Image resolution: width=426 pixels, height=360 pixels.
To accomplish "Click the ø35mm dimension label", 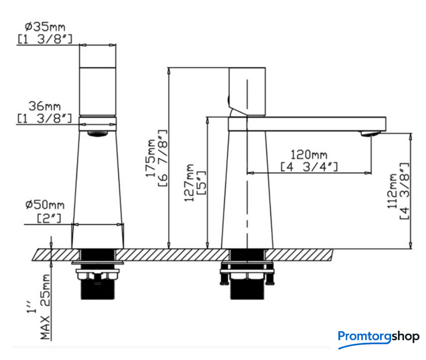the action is pyautogui.click(x=45, y=27).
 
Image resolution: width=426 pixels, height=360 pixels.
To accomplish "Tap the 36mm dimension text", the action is pyautogui.click(x=44, y=106).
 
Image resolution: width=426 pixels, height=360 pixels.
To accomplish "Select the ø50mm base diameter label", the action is pyautogui.click(x=45, y=205).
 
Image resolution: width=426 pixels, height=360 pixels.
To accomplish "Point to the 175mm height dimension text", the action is pyautogui.click(x=150, y=158).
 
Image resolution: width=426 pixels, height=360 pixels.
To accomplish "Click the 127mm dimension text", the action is pyautogui.click(x=189, y=182).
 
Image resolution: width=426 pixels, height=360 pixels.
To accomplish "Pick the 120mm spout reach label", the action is pyautogui.click(x=309, y=155).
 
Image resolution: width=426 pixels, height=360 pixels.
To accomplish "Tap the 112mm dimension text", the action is pyautogui.click(x=392, y=191).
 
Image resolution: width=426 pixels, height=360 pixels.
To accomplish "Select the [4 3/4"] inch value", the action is pyautogui.click(x=309, y=166).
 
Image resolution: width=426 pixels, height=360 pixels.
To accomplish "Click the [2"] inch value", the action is pyautogui.click(x=49, y=218).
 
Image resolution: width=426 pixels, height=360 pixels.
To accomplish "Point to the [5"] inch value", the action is pyautogui.click(x=201, y=183).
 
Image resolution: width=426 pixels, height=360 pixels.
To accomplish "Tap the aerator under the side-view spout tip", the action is pyautogui.click(x=370, y=133).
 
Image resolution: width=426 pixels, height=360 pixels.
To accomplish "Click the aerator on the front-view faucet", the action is pyautogui.click(x=98, y=134).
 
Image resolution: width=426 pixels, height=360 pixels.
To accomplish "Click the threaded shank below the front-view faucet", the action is pyautogui.click(x=98, y=289).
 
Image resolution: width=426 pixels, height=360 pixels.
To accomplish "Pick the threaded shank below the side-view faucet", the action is pyautogui.click(x=247, y=289).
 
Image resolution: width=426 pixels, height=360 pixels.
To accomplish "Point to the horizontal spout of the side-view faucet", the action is pyautogui.click(x=307, y=124).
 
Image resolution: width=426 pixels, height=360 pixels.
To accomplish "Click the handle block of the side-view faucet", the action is pyautogui.click(x=247, y=92).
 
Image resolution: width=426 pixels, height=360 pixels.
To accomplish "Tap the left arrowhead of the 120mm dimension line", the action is pyautogui.click(x=250, y=173).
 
